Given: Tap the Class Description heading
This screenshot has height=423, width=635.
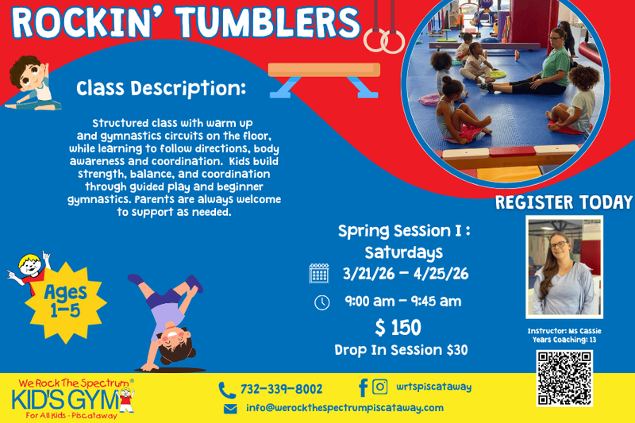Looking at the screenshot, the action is pos(161,88).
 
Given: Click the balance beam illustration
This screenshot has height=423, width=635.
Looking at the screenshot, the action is pos(324,79).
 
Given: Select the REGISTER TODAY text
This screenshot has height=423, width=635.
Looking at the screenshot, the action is pos(564,202).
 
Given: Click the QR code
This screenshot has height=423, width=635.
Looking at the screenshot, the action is pos(564,378).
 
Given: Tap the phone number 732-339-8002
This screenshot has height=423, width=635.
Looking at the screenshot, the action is pos(282,389).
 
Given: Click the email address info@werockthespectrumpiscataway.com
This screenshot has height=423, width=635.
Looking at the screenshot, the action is pos(344,408).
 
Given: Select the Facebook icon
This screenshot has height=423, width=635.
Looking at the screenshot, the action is pos(364,387).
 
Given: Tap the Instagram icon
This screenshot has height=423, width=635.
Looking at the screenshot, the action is pos(380,386).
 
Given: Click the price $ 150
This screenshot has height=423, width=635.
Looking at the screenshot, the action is pos(398,328).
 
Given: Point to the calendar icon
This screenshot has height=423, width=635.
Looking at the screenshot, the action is pos(319,273).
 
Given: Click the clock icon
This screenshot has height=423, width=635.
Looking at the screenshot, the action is pos(322,303).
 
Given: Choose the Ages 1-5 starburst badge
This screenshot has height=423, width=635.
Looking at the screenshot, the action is pos(65,302).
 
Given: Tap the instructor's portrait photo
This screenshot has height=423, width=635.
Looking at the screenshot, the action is pos(564,267).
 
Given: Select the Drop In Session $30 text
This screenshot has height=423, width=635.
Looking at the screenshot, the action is pos(401,350).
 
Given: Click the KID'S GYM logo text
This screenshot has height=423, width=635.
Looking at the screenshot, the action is pos(65,400).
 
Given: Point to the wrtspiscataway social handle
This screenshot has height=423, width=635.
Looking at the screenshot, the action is pos(433,387).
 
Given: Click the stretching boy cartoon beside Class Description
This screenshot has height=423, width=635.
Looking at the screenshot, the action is pos(33,83).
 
